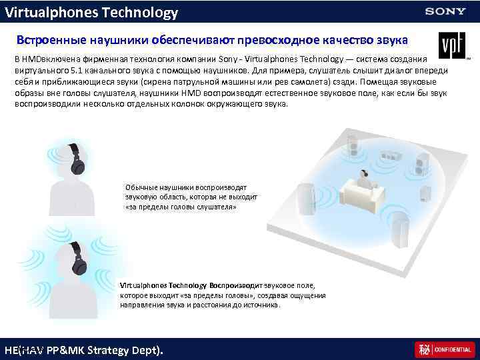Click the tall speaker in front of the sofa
pos(398,227)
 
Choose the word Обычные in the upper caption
pos(140,187)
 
